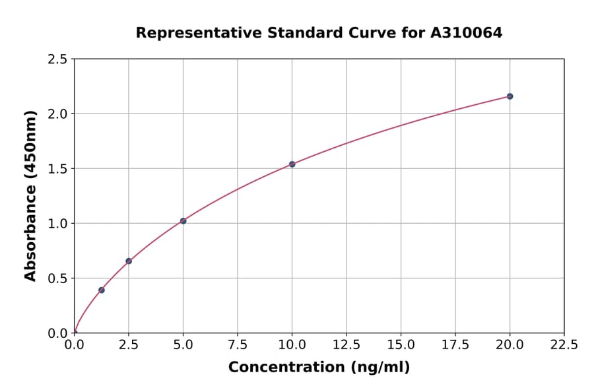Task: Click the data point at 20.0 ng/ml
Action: tap(510, 96)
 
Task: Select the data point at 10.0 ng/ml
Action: tap(292, 164)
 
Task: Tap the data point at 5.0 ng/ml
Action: tap(183, 221)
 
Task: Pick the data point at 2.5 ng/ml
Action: tap(129, 261)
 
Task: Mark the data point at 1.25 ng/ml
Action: tap(102, 290)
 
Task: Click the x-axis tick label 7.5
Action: tap(238, 345)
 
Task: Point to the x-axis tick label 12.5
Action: tap(346, 345)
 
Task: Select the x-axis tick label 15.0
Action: tap(401, 345)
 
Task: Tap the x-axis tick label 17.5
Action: tap(455, 345)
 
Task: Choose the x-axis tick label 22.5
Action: tap(564, 345)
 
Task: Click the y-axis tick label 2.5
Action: tap(58, 59)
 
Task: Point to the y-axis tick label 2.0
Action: tap(58, 114)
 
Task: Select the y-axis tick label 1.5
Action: tap(58, 169)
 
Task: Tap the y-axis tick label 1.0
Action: tap(58, 224)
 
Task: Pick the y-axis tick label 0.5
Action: tap(58, 278)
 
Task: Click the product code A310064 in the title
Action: tap(467, 33)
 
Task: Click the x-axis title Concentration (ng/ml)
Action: tap(319, 368)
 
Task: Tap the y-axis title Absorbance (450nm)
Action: tap(30, 196)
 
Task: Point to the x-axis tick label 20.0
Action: tap(510, 345)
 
